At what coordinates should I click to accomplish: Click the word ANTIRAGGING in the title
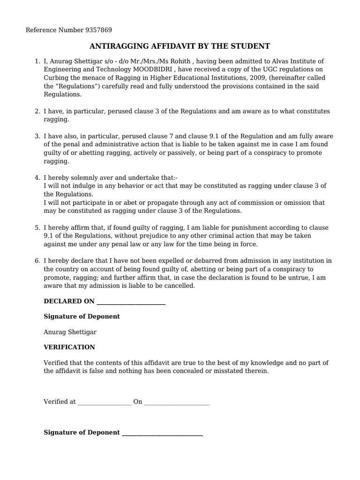[x=119, y=46]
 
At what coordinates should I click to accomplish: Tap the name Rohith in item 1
[x=179, y=61]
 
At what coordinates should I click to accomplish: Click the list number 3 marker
[x=37, y=136]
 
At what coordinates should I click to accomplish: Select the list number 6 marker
[x=37, y=261]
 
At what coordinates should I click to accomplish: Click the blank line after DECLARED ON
[x=130, y=301]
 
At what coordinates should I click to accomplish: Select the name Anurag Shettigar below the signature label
[x=70, y=332]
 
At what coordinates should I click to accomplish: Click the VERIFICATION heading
[x=69, y=347]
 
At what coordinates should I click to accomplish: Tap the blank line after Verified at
[x=105, y=402]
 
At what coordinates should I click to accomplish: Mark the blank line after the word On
[x=177, y=402]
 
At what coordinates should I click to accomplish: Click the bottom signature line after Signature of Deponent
[x=162, y=433]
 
